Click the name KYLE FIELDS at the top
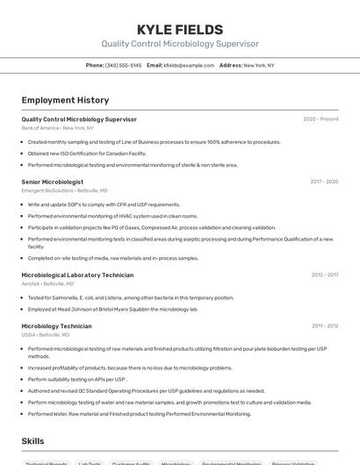(x=179, y=30)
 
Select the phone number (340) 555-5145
(x=123, y=65)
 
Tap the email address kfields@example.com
(x=189, y=65)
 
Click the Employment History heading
(x=65, y=100)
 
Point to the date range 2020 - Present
(x=320, y=118)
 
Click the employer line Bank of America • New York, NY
(x=57, y=128)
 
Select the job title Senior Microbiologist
(x=53, y=182)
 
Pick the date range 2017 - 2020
(x=324, y=182)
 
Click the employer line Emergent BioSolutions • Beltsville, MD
(x=64, y=190)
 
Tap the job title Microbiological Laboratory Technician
(x=77, y=275)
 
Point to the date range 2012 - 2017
(x=324, y=275)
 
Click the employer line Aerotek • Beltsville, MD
(x=47, y=283)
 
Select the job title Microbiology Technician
(x=56, y=325)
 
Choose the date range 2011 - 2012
(x=324, y=325)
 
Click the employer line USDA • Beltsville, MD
(x=45, y=334)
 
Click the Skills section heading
(x=33, y=441)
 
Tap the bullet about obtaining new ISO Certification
(x=87, y=154)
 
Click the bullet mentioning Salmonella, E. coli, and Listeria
(x=131, y=297)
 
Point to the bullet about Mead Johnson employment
(x=113, y=309)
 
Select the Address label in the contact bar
(x=230, y=65)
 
